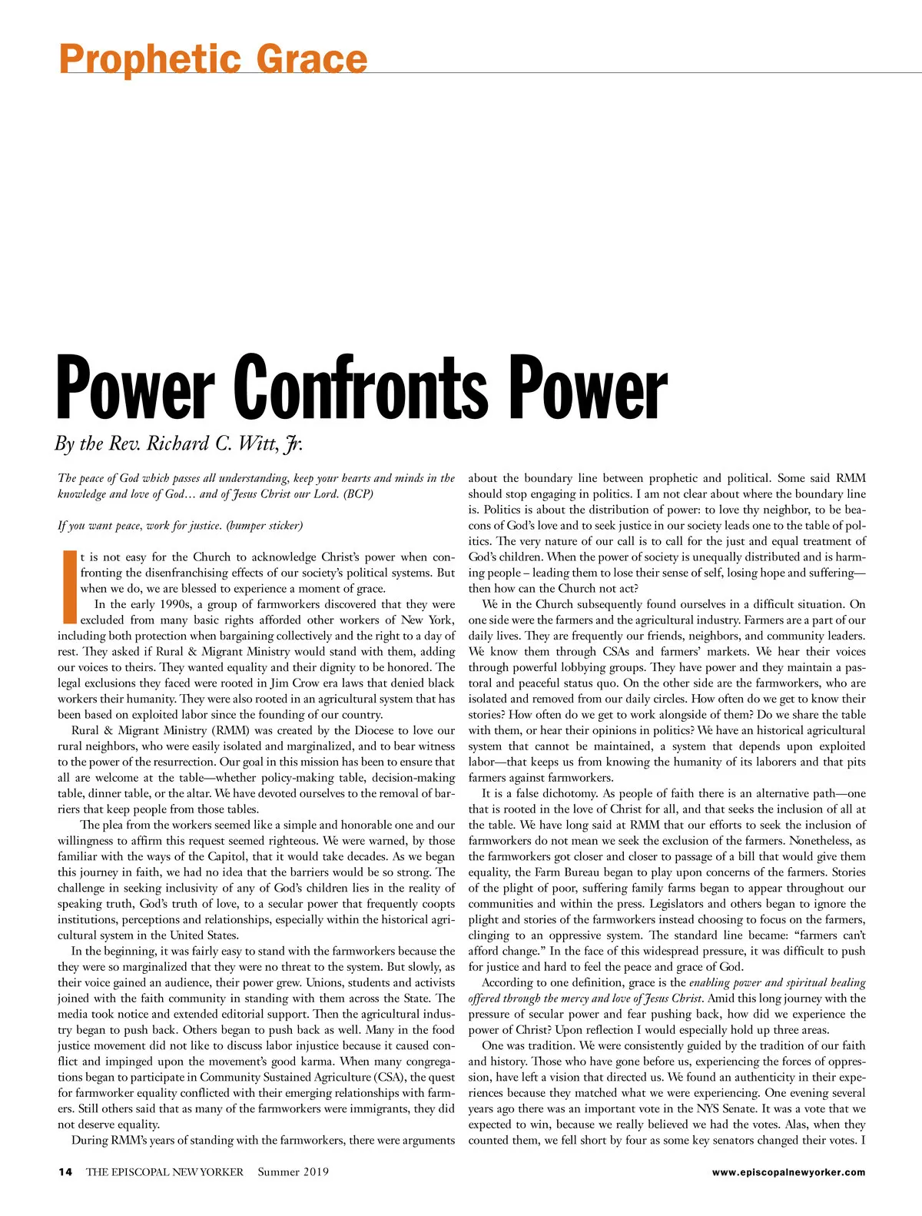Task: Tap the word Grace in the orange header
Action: point(311,58)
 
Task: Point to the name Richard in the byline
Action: point(177,444)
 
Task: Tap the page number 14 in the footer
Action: point(65,1172)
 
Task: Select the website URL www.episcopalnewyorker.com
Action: point(788,1172)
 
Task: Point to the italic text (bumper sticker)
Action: point(264,526)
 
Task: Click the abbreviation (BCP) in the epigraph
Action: point(359,494)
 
